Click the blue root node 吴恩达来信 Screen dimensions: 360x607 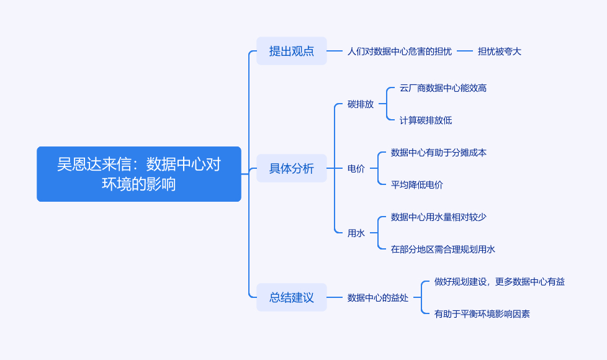click(138, 174)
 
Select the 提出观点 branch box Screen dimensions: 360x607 click(291, 51)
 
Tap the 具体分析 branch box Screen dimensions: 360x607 click(291, 168)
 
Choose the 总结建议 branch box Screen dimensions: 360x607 click(291, 297)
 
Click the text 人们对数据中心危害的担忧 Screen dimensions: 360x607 click(399, 51)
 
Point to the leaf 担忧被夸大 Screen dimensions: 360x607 click(499, 51)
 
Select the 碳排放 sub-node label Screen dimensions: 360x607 click(360, 104)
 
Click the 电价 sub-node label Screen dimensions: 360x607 click(356, 168)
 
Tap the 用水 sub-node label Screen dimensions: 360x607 click(356, 233)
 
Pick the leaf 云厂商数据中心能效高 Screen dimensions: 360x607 click(443, 88)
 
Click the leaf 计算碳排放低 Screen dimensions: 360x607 click(425, 120)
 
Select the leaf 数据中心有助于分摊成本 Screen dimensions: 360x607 click(438, 152)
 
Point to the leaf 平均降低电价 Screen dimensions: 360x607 click(416, 184)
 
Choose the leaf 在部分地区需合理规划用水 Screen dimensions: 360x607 click(443, 249)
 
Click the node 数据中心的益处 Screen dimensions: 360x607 click(377, 297)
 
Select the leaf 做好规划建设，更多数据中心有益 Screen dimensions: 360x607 click(499, 281)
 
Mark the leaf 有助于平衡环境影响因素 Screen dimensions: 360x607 click(482, 313)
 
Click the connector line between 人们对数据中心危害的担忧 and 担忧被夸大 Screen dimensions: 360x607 click(465, 51)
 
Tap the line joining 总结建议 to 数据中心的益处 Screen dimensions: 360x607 click(335, 297)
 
